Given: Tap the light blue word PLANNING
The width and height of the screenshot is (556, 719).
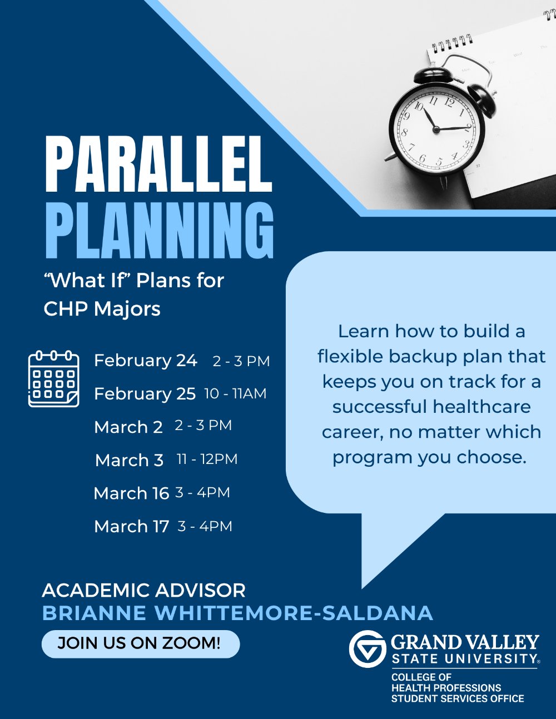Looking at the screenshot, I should (159, 229).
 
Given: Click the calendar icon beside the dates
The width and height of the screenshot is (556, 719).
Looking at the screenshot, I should (53, 378).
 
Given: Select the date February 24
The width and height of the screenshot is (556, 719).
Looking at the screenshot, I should (146, 361).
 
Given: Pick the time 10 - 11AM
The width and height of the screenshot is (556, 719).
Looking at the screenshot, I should (235, 393).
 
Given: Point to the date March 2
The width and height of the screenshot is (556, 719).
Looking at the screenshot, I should (128, 427).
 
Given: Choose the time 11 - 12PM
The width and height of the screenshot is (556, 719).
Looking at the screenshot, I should (207, 459).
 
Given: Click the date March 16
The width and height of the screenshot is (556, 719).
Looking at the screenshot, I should (131, 493).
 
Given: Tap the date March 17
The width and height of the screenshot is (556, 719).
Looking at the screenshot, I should (132, 526).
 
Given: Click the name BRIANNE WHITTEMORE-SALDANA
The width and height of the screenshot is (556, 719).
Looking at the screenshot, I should (237, 613).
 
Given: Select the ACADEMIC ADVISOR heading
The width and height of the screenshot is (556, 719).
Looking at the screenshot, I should (143, 590).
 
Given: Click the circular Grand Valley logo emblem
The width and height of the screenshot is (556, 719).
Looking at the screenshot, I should (368, 648).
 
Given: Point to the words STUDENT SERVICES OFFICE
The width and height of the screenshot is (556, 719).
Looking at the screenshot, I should (457, 698).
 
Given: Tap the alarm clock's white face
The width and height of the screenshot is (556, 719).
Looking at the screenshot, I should (436, 129).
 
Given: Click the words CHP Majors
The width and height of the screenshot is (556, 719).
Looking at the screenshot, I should (102, 309).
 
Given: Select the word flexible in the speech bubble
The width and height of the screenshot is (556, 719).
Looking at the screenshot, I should (350, 356).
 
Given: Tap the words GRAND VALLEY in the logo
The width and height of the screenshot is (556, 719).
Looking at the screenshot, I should (465, 643).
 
